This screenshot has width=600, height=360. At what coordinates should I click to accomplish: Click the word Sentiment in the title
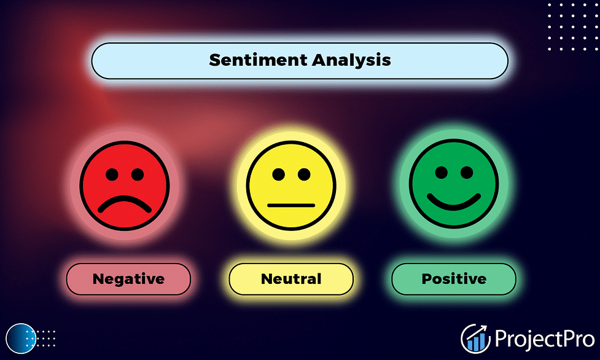coord(259,60)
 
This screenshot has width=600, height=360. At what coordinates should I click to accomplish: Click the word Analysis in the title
coord(351,60)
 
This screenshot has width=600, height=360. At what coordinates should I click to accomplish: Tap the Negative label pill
coord(128,279)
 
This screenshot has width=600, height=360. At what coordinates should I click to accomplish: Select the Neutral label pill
coord(291,279)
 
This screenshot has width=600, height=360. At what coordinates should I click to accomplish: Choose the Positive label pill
coord(454,279)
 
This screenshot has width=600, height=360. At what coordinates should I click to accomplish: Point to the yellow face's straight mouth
coord(291,206)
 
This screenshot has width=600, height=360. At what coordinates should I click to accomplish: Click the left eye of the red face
coord(112,174)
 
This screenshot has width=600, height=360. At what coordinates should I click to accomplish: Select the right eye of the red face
coord(138,174)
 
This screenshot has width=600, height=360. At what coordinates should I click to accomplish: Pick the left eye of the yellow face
coord(279,174)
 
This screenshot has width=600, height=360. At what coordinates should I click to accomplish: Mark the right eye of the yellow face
coord(304,174)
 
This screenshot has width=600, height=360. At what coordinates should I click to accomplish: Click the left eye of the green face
coord(441,173)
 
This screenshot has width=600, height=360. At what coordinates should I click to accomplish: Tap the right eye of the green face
coord(467,173)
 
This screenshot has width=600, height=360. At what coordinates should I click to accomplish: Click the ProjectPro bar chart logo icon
coord(475,338)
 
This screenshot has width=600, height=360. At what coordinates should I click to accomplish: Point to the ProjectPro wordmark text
coord(545,339)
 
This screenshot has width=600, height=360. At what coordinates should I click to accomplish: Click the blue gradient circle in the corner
coord(21,338)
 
